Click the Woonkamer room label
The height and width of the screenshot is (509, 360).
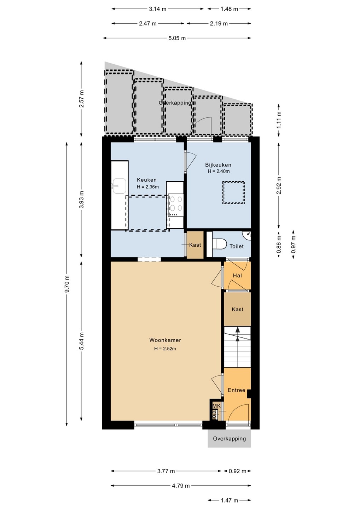165,340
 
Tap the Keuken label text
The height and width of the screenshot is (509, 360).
147,180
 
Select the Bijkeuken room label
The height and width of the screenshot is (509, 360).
218,165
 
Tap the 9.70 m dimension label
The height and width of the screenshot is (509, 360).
67,284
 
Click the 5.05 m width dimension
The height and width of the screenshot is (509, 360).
177,38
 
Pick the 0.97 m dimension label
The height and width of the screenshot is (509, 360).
294,245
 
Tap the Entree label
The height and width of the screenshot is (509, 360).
236,390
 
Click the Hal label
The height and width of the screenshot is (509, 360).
237,276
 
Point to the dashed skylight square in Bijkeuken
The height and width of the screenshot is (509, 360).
233,192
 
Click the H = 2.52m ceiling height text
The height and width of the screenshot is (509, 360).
165,349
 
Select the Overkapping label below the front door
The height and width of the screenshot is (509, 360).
229,439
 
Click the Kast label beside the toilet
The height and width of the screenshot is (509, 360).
195,245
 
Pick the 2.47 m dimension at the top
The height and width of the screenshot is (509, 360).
148,23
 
